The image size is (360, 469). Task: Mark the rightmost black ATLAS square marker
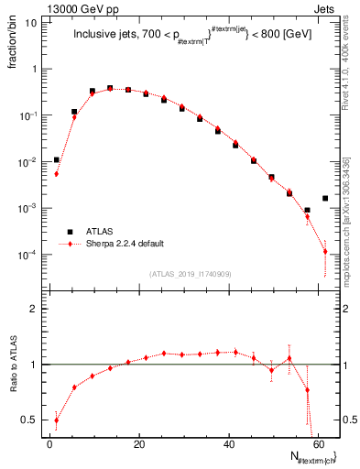[x=325, y=198]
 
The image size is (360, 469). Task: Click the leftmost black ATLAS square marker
[x=56, y=159]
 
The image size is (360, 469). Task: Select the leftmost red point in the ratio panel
[x=56, y=420]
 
